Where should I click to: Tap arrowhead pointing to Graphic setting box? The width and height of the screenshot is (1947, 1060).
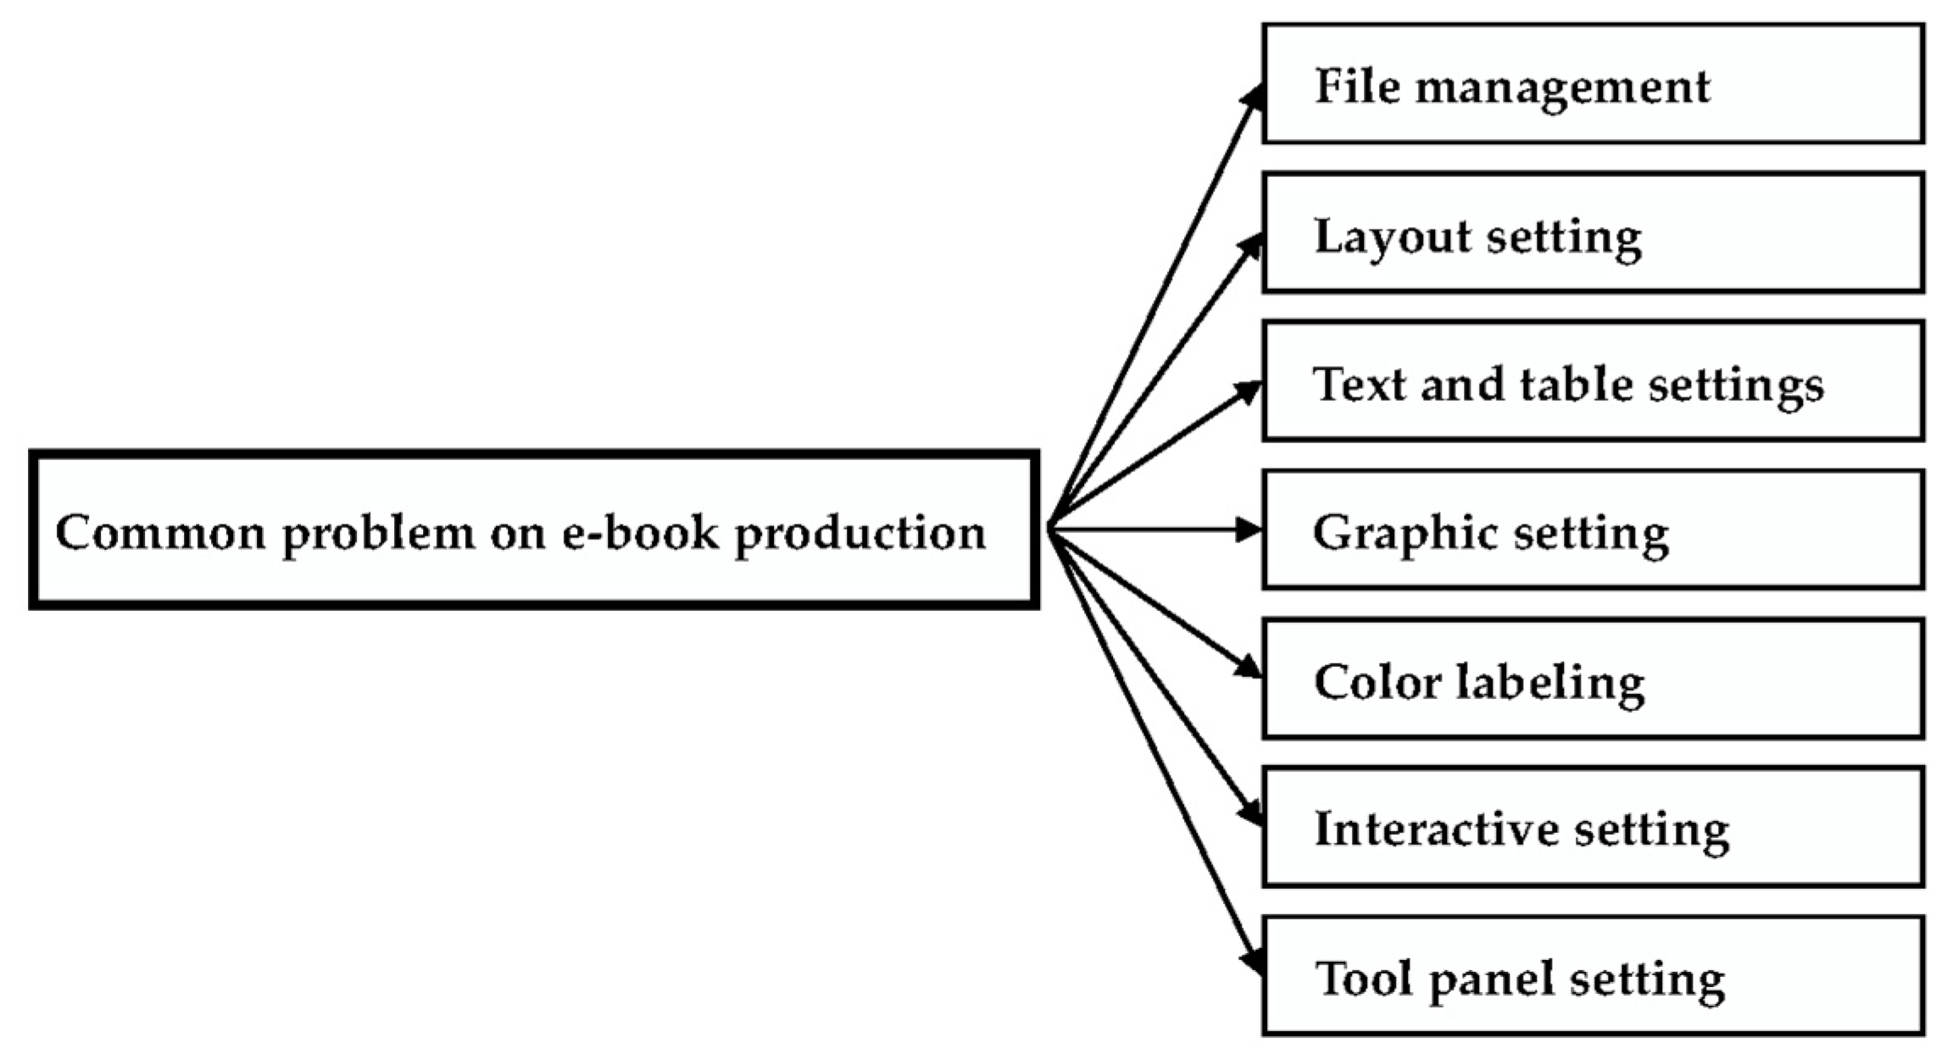[x=1248, y=530]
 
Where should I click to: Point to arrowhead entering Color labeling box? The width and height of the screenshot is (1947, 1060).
[x=1249, y=667]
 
